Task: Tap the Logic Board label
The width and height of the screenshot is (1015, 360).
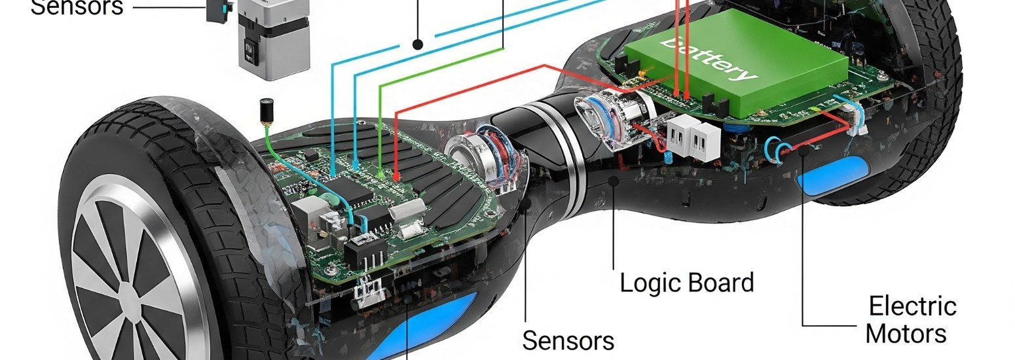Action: tap(686, 283)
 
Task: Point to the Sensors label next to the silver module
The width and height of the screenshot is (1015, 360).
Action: tap(77, 7)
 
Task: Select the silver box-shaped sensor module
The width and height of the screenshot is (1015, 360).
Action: tap(273, 39)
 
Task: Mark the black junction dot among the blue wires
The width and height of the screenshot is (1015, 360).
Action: tap(417, 44)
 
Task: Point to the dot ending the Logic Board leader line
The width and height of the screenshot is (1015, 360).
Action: tap(614, 180)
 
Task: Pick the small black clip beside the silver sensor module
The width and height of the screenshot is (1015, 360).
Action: tap(216, 9)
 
